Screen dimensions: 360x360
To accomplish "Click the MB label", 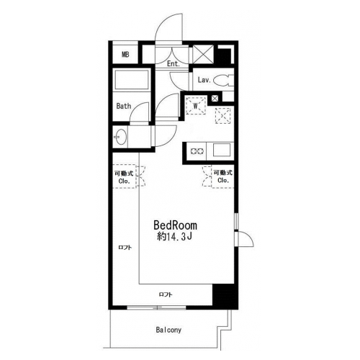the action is pyautogui.click(x=125, y=55).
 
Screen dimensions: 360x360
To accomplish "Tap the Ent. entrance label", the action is pyautogui.click(x=174, y=64).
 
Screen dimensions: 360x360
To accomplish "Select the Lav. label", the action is pyautogui.click(x=204, y=80).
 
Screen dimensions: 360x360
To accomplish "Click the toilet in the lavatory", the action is pyautogui.click(x=223, y=81).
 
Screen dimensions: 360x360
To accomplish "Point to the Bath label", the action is pyautogui.click(x=124, y=106).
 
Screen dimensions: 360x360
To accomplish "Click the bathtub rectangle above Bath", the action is pyautogui.click(x=132, y=80).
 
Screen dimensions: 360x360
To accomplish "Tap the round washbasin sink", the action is pyautogui.click(x=120, y=137).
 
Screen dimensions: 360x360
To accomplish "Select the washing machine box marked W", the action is pyautogui.click(x=196, y=106).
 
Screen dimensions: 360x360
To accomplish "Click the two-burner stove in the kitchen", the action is pyautogui.click(x=197, y=151).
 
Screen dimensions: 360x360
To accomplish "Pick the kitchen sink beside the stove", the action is pyautogui.click(x=222, y=150).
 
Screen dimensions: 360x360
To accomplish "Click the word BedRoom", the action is pyautogui.click(x=175, y=225).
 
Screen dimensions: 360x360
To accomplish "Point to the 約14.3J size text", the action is pyautogui.click(x=174, y=237).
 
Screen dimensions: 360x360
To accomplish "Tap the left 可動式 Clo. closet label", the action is pyautogui.click(x=124, y=177).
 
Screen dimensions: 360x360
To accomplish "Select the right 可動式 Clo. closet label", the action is pyautogui.click(x=223, y=176).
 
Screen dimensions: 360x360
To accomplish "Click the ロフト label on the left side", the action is pyautogui.click(x=125, y=248).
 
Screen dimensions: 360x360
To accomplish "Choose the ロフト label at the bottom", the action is pyautogui.click(x=166, y=294).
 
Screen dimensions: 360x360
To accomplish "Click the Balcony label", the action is pyautogui.click(x=168, y=330).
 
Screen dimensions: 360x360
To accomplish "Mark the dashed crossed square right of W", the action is pyautogui.click(x=223, y=116).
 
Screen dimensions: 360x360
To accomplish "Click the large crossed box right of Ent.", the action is pyautogui.click(x=203, y=55).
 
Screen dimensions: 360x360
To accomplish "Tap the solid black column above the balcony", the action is pyautogui.click(x=225, y=297).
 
